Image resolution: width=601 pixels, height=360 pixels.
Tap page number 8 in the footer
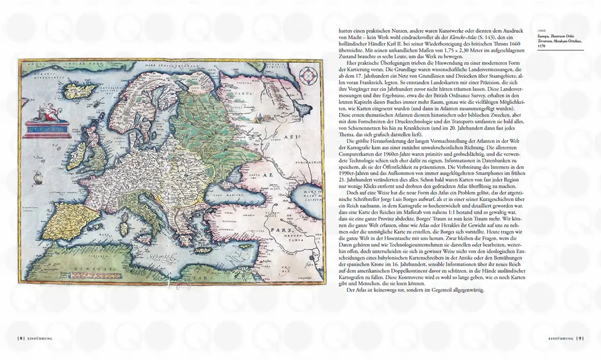point(21,337)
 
